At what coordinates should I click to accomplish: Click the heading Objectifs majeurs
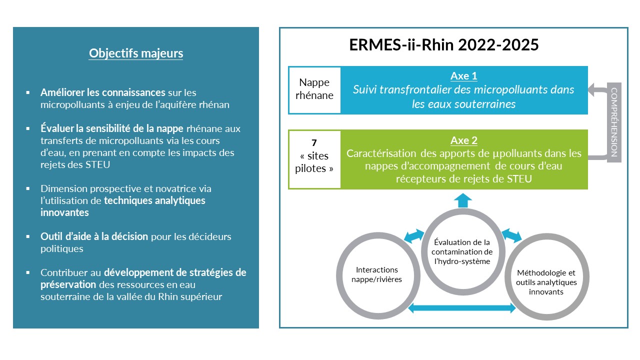click(x=136, y=53)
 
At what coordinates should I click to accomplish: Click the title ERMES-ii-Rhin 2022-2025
click(x=444, y=44)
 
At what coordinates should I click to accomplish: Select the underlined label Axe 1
click(x=463, y=76)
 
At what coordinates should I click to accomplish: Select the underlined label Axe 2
click(x=463, y=140)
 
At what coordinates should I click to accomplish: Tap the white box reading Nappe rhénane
click(x=316, y=89)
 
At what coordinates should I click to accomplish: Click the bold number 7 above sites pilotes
click(x=314, y=142)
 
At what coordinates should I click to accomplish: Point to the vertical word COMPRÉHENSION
click(x=614, y=122)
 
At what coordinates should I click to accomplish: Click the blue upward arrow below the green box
click(x=462, y=200)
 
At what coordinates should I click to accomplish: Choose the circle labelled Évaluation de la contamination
click(x=462, y=251)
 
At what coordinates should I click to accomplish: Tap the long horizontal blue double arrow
click(x=462, y=309)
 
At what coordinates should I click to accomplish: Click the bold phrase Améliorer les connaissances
click(x=103, y=93)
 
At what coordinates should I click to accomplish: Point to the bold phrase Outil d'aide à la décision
click(x=94, y=236)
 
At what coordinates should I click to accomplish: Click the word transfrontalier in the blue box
click(x=410, y=90)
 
